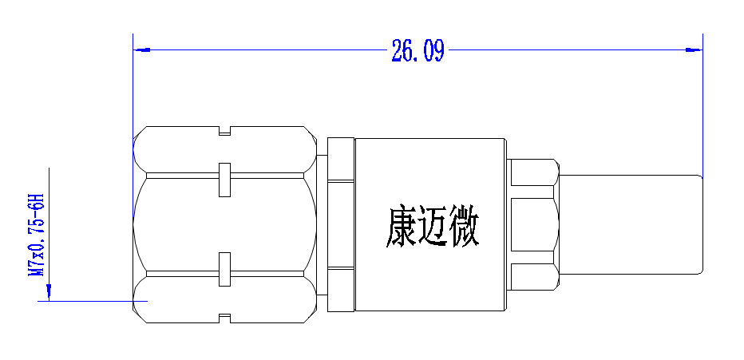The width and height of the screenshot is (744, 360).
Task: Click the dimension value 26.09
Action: [x=418, y=50]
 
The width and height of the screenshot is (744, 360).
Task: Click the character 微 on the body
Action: [x=464, y=226]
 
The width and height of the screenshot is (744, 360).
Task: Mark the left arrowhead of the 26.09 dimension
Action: [x=142, y=49]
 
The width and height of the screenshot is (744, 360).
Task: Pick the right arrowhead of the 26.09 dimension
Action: [x=695, y=49]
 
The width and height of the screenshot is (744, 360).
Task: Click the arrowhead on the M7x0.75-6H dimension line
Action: [x=49, y=291]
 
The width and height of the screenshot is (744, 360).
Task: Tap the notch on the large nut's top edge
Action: [x=224, y=130]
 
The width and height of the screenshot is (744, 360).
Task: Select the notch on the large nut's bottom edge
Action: [x=224, y=318]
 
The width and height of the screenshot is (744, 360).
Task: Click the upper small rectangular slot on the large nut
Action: [x=224, y=180]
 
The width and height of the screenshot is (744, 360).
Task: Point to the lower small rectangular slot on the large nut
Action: [x=224, y=270]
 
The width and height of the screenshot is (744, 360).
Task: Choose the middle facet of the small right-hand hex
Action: [x=532, y=224]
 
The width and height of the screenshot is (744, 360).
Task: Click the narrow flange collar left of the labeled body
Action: [x=341, y=224]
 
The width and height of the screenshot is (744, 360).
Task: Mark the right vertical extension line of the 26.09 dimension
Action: [x=702, y=105]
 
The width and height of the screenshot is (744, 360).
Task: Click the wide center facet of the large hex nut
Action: [x=224, y=224]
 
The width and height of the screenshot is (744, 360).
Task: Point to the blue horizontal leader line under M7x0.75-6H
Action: [x=93, y=301]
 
